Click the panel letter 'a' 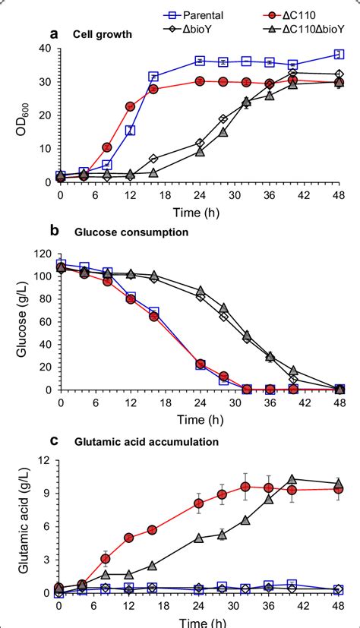pos(54,33)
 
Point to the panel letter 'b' pos(54,231)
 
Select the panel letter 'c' pos(54,441)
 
